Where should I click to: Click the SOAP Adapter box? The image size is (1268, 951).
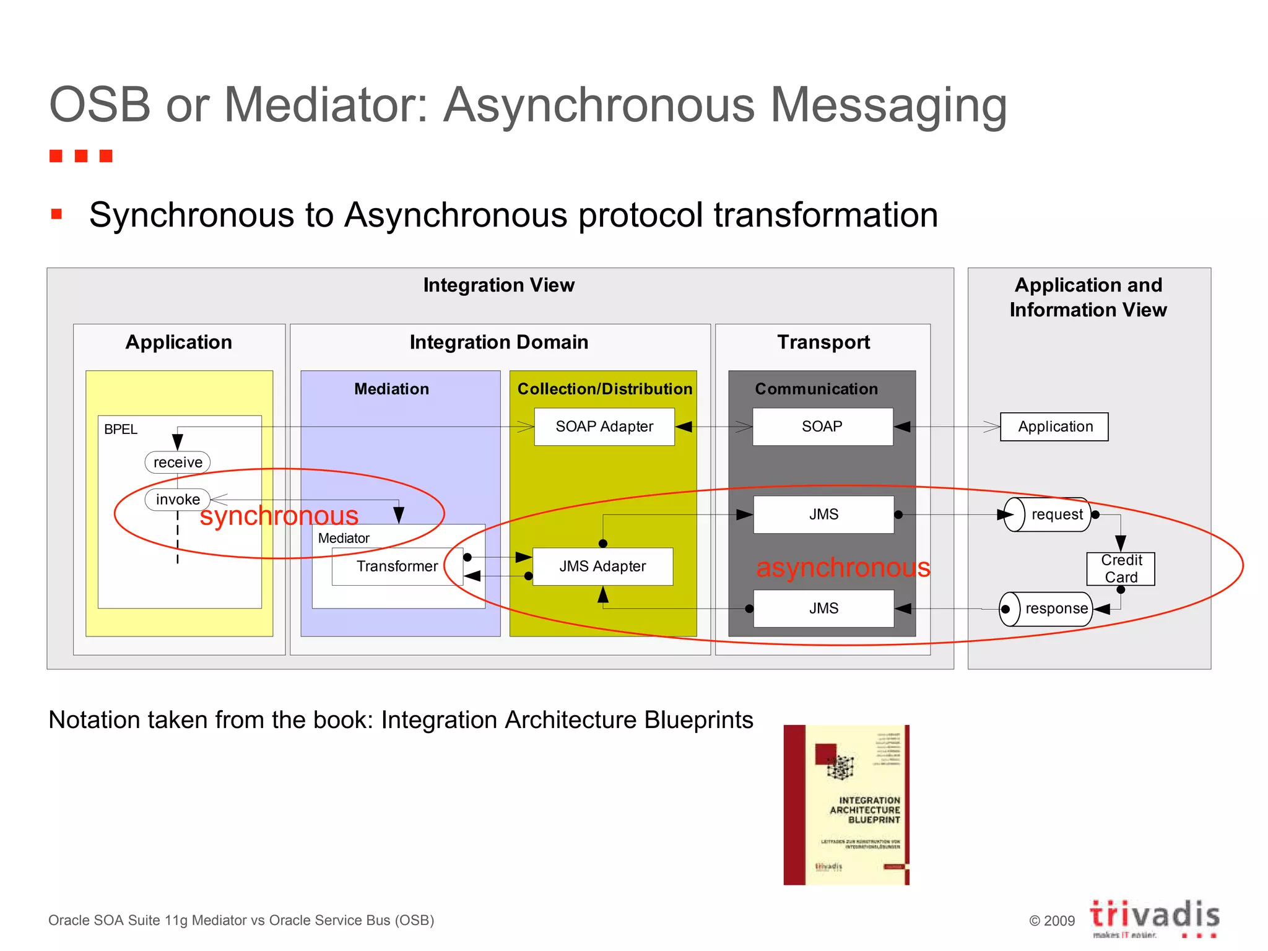(x=604, y=427)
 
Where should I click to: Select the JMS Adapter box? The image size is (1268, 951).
(x=602, y=567)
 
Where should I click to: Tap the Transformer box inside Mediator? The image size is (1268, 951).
(x=397, y=567)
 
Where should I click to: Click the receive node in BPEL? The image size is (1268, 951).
(x=178, y=462)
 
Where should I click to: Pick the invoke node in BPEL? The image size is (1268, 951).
(x=178, y=500)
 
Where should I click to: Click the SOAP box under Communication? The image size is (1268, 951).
(x=822, y=427)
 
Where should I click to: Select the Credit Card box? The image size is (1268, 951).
(x=1121, y=568)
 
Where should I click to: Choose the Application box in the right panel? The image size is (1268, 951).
(x=1054, y=427)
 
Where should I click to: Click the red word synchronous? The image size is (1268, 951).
(x=279, y=516)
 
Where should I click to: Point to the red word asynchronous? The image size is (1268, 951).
(x=843, y=568)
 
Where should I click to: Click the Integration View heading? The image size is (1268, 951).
(x=499, y=285)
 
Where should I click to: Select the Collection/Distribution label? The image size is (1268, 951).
(x=604, y=389)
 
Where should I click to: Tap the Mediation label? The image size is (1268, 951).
(x=391, y=389)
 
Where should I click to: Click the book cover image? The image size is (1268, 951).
(x=846, y=804)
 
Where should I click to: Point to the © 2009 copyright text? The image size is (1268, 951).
(x=1051, y=921)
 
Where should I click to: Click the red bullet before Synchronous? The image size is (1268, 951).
(x=57, y=214)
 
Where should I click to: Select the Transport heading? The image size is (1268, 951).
(x=823, y=342)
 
